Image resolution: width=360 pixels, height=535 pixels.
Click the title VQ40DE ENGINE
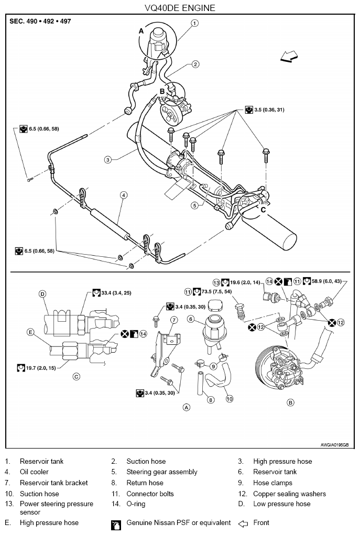[180, 7]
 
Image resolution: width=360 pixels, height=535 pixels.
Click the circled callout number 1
[194, 23]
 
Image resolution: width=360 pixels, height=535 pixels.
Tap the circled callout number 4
[124, 195]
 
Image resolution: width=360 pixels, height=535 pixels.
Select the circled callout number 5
[194, 205]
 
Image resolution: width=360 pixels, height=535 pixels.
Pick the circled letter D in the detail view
[42, 294]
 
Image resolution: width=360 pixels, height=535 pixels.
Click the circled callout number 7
[174, 320]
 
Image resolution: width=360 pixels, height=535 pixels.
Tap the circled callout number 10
[230, 399]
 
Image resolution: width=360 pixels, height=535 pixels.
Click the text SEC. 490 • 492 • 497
[40, 21]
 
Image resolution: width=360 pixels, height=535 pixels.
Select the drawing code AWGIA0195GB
[334, 445]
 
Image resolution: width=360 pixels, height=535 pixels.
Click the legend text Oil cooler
[34, 472]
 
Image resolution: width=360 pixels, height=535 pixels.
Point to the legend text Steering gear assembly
[162, 472]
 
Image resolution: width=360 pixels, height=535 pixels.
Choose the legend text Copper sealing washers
[289, 494]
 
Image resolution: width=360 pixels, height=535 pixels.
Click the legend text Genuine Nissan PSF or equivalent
[179, 523]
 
